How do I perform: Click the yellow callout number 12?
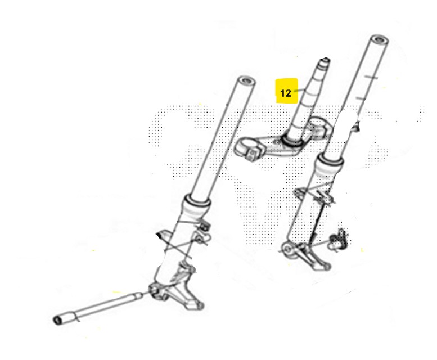click(x=285, y=93)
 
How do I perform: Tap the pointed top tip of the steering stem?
click(x=326, y=59)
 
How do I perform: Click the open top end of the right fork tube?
click(x=379, y=40)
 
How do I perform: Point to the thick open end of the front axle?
click(x=58, y=321)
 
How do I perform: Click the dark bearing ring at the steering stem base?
click(x=291, y=140)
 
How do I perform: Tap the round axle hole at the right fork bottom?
click(x=287, y=250)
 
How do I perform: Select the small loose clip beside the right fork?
click(x=339, y=239)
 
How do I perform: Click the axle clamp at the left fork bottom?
click(x=156, y=291)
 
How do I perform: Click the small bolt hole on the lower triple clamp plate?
click(x=276, y=143)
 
